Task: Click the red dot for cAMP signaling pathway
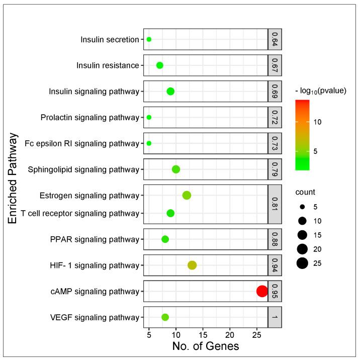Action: pos(262,291)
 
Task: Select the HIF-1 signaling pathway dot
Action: pos(192,265)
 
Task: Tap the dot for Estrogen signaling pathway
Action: pos(187,195)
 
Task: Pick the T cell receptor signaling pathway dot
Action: pos(170,213)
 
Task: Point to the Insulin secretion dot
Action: pos(149,39)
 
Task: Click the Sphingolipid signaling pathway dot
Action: pos(176,169)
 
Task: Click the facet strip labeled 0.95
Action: pos(275,291)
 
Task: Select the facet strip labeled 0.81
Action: pos(275,204)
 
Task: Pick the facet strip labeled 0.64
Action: pos(275,39)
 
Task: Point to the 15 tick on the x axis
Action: pos(203,334)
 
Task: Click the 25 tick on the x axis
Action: pos(257,334)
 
